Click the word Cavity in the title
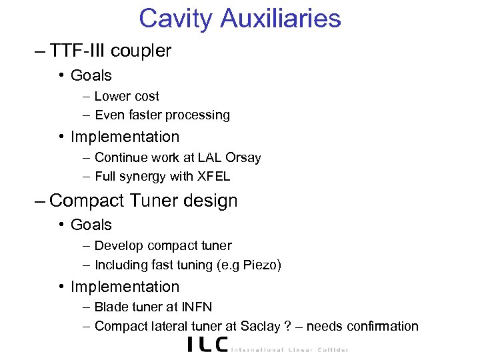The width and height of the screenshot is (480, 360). (176, 18)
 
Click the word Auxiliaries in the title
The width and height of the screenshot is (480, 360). (283, 18)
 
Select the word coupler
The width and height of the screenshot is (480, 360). (141, 51)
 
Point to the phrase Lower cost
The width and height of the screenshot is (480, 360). (127, 97)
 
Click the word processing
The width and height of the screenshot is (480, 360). (198, 115)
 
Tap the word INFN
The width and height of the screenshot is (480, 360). (197, 307)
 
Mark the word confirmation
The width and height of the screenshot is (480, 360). (380, 326)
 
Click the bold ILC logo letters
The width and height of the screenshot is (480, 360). (207, 345)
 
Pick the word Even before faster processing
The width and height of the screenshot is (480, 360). (108, 115)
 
